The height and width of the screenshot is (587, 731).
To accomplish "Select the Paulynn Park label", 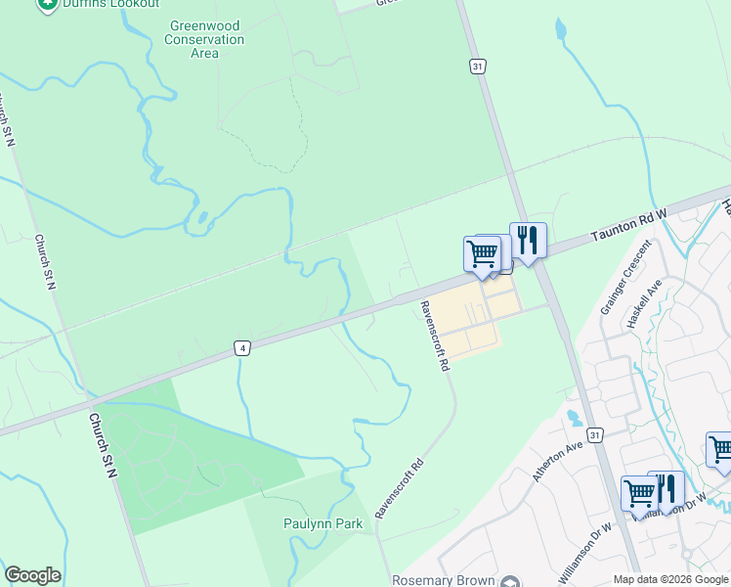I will click(x=323, y=524).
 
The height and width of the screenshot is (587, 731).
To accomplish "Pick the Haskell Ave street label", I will click(x=645, y=302).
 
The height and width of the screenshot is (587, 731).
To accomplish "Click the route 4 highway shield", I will click(x=241, y=347).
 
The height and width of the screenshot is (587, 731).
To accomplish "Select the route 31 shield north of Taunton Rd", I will click(x=477, y=67).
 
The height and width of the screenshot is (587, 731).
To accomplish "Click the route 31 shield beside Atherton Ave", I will click(x=594, y=432).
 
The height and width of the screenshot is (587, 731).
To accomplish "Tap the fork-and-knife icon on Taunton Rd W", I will click(x=528, y=241).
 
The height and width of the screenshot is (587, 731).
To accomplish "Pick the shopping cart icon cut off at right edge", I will click(x=720, y=451).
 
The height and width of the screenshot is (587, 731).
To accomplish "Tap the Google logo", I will click(x=32, y=575).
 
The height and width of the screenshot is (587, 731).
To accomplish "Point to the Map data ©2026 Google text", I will click(x=670, y=579).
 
